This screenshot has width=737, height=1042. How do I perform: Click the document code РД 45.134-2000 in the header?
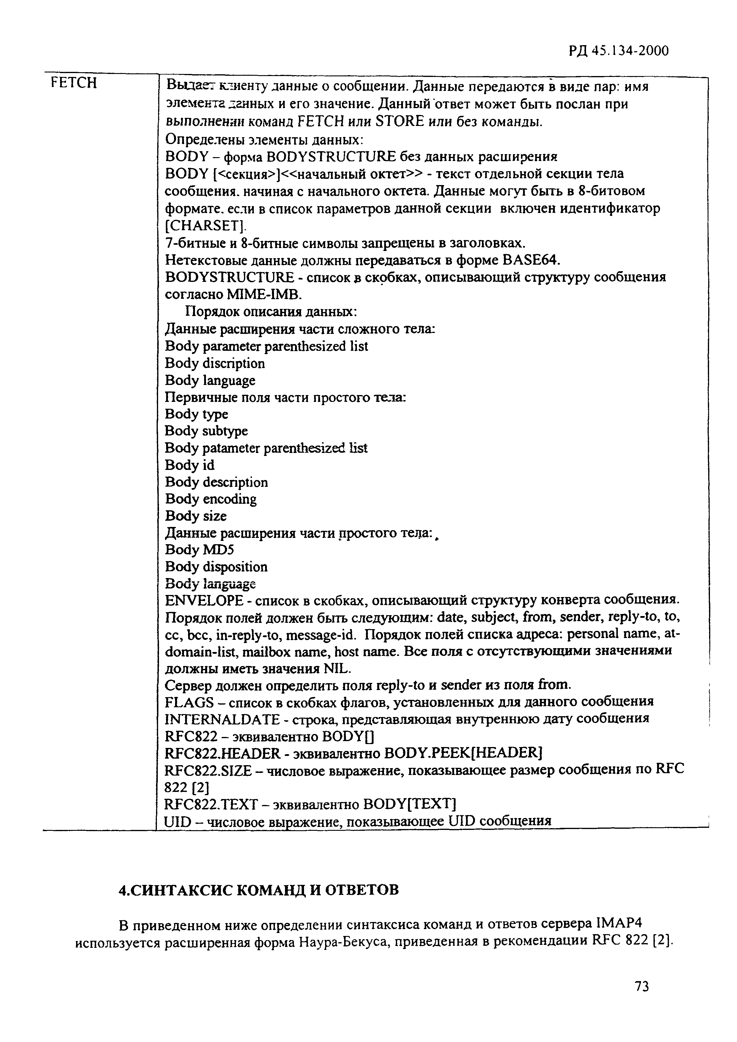tap(618, 51)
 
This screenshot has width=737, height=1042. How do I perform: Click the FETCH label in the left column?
tap(74, 83)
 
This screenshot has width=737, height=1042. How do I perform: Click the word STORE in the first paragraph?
tap(400, 121)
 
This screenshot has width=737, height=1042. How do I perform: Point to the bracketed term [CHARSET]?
tap(205, 225)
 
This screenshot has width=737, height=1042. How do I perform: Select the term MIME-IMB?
tap(264, 295)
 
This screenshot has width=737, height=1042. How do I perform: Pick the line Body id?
tap(189, 465)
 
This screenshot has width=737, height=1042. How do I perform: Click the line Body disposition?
tap(216, 567)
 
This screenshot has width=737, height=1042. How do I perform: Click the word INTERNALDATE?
tap(223, 719)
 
